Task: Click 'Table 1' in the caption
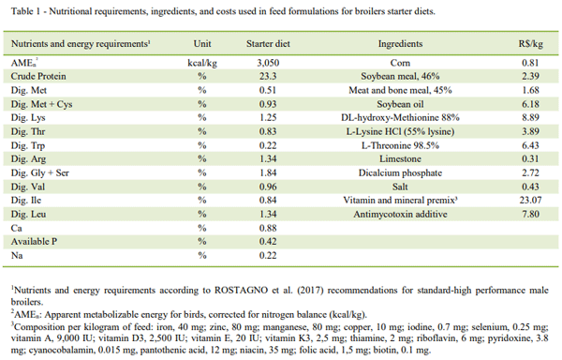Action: click(x=21, y=11)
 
